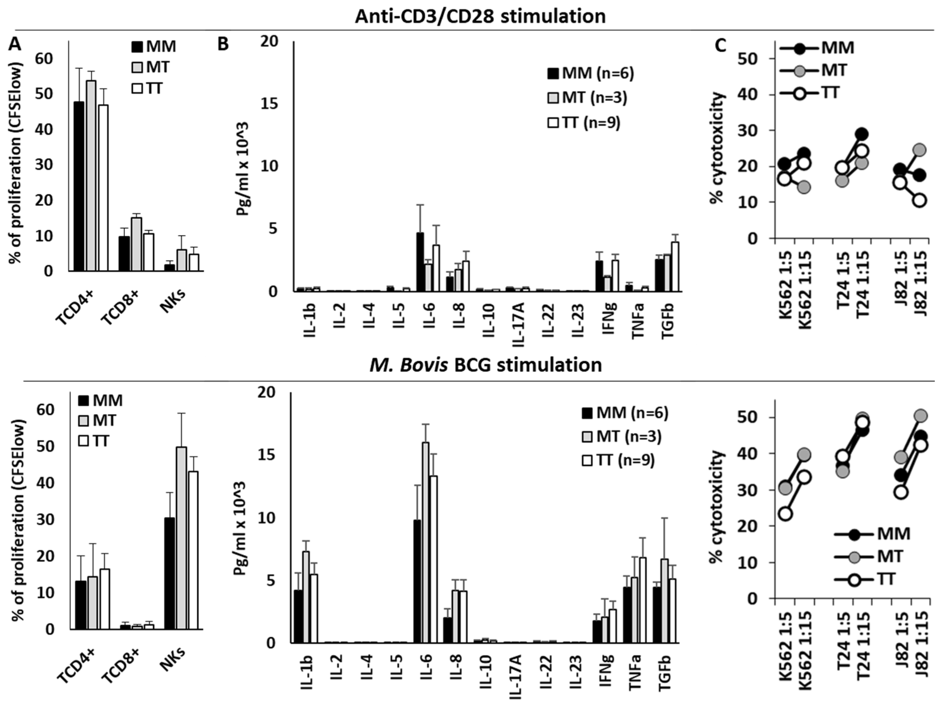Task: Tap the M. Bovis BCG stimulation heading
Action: [x=485, y=365]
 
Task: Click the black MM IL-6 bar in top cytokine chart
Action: [x=420, y=262]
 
